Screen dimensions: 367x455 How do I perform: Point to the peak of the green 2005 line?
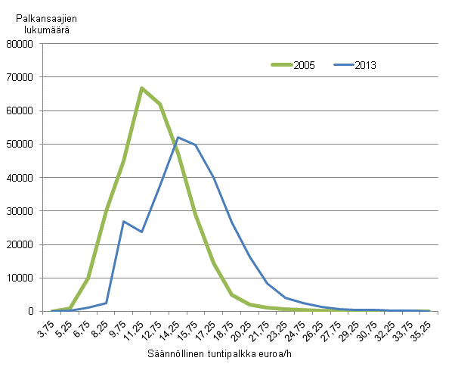141,89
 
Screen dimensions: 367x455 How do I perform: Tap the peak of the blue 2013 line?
178,137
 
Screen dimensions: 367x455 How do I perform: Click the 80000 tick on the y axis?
28,44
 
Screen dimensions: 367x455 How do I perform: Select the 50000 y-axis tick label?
28,144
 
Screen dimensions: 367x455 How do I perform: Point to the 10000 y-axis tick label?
28,278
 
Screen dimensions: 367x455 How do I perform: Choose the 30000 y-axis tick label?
28,211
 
